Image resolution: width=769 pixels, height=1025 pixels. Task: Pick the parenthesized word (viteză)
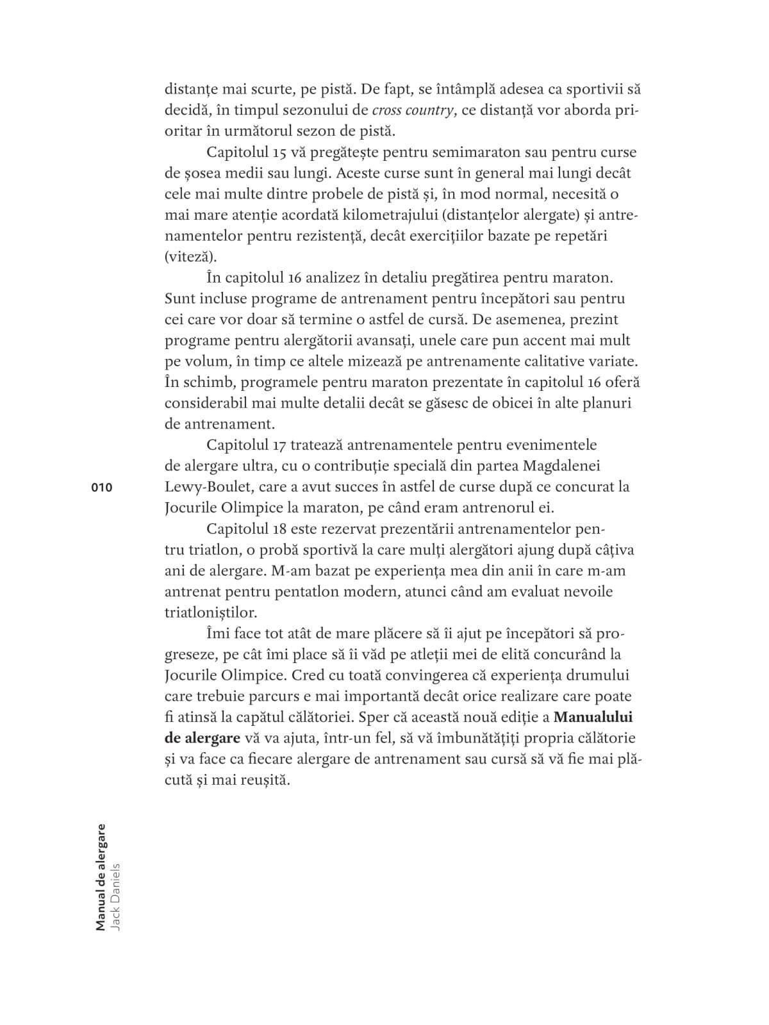(x=190, y=257)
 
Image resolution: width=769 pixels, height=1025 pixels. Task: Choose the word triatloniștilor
(x=210, y=612)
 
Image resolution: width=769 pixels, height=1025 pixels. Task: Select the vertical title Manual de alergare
(x=101, y=876)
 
